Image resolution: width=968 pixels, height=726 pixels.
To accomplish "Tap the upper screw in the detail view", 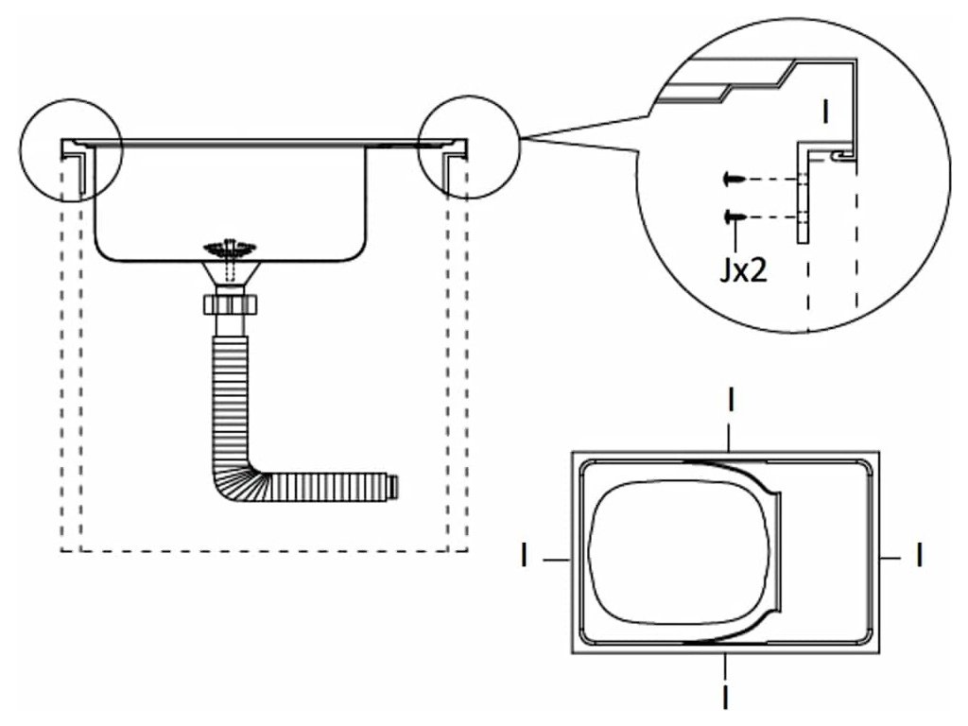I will click(x=732, y=178).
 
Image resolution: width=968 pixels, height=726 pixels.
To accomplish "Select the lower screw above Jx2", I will click(x=732, y=217).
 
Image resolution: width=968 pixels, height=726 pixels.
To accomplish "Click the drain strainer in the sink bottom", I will click(x=228, y=250).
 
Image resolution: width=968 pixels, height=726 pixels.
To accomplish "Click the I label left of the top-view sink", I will click(x=522, y=556).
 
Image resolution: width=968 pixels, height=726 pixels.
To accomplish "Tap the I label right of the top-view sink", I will click(x=919, y=556).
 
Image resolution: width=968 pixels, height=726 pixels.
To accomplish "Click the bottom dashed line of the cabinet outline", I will click(x=265, y=551).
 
